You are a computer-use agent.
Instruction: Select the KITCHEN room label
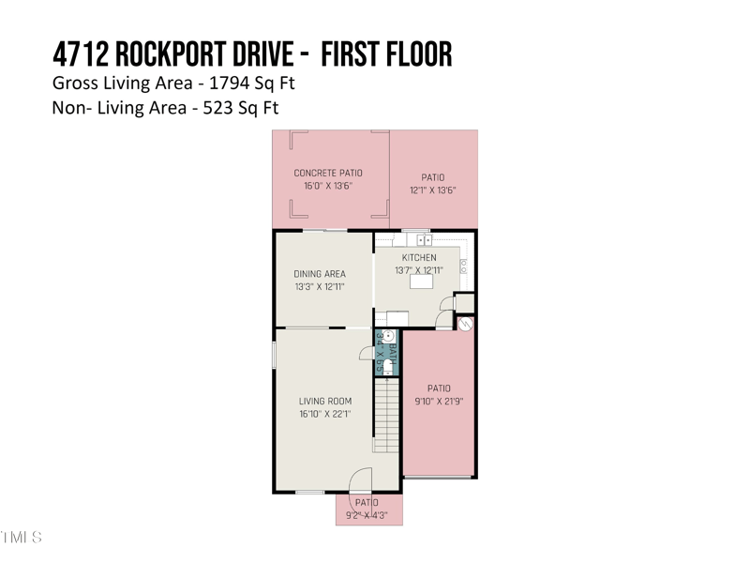pos(419,258)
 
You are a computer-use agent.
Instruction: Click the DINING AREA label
pos(320,274)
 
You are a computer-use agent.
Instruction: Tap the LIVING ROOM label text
pos(325,402)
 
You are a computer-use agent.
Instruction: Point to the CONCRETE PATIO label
pos(328,173)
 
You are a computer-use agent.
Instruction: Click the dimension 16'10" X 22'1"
pos(325,415)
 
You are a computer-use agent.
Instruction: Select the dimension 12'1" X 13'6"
pos(432,190)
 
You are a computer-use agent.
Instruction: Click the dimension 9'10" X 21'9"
pos(439,401)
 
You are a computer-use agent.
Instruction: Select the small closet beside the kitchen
pos(464,303)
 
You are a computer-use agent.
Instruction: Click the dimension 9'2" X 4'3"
pos(367,516)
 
